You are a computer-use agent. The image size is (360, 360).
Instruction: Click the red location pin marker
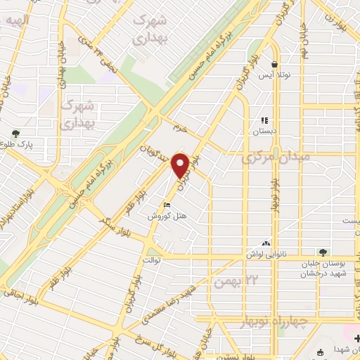point(182,165)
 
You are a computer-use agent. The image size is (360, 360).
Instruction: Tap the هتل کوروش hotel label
point(161,217)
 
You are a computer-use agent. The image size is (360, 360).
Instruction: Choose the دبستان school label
point(265,131)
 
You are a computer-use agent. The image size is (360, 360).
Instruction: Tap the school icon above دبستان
point(265,120)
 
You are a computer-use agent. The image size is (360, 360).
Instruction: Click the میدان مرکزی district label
point(276,159)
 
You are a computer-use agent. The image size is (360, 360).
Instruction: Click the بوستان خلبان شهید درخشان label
point(324,268)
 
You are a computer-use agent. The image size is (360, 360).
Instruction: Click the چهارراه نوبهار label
point(301,322)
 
